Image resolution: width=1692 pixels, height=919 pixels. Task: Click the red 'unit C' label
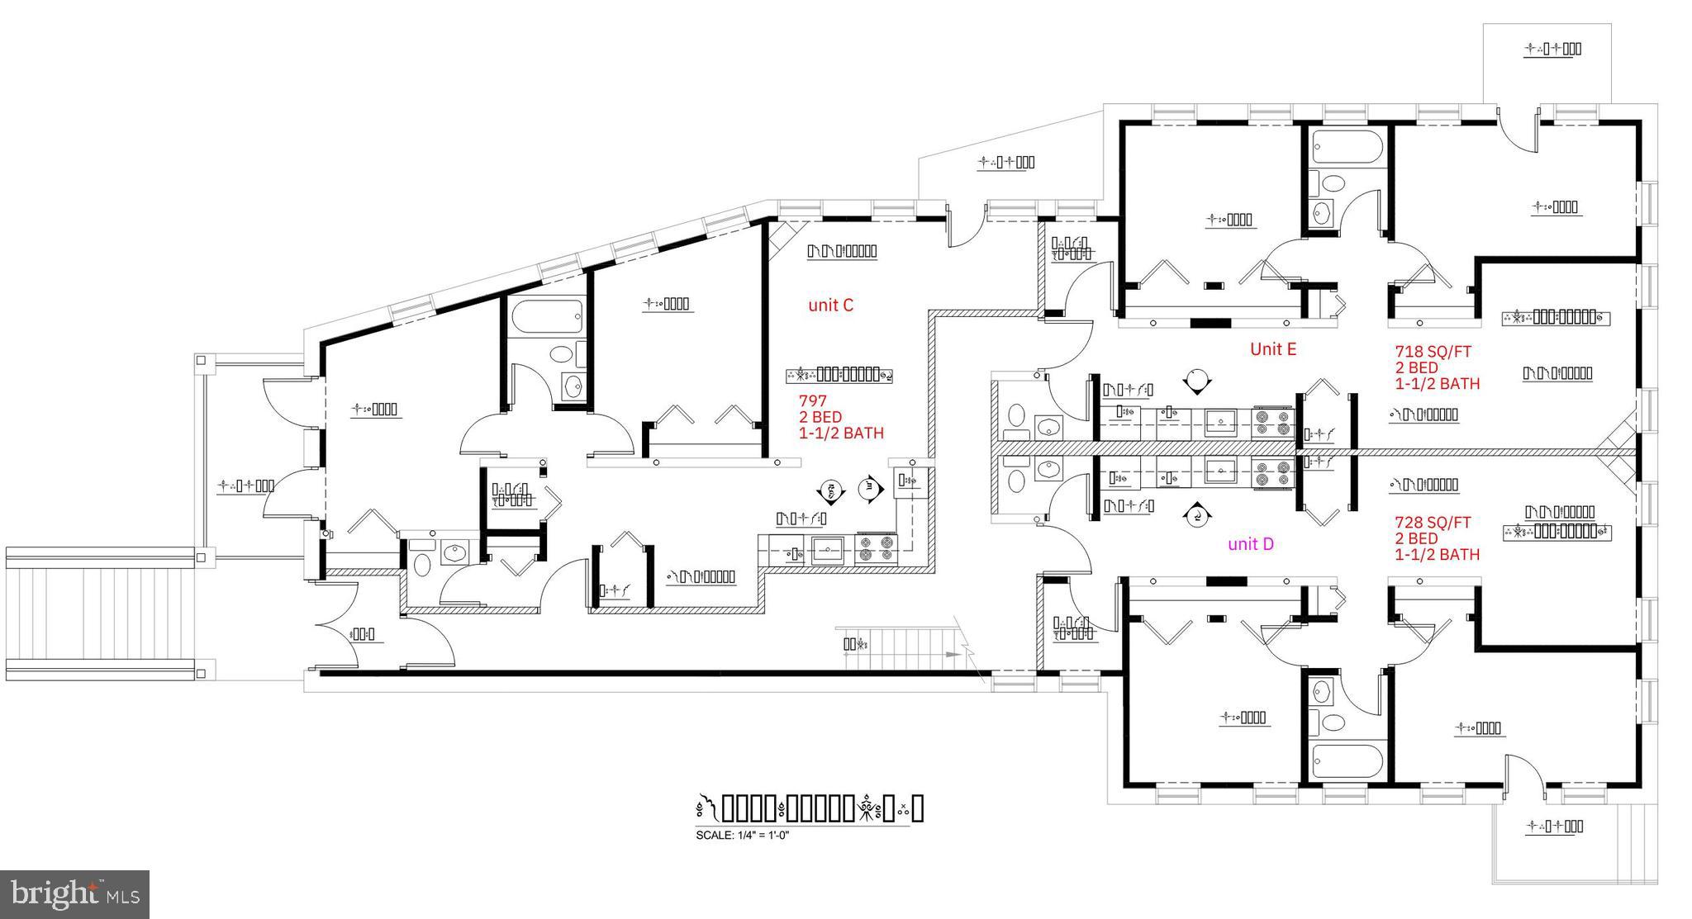[830, 306]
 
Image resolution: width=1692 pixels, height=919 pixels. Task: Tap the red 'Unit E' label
[1272, 349]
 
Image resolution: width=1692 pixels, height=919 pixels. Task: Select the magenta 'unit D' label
[1250, 544]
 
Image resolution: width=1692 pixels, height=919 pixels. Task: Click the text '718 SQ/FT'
[1433, 352]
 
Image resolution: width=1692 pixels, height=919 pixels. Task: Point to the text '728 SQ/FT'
[1433, 523]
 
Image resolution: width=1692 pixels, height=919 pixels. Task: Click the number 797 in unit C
[812, 401]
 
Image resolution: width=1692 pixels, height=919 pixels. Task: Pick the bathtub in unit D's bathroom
[1346, 760]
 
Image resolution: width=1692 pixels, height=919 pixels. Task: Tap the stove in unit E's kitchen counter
[1272, 423]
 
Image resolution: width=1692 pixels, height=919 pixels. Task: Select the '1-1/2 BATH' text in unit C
[841, 433]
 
